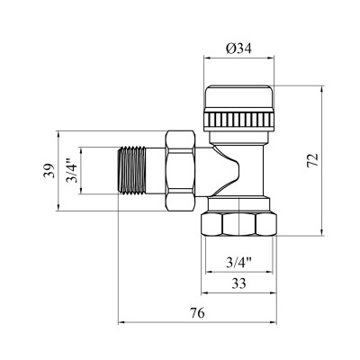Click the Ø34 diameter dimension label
click(238, 49)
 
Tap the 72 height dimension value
click(313, 160)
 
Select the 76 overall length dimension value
click(197, 313)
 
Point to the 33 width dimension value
click(238, 283)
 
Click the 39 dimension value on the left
click(49, 171)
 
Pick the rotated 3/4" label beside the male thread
click(72, 170)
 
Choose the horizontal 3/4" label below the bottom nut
click(238, 263)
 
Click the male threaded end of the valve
click(132, 170)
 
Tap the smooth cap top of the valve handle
click(238, 97)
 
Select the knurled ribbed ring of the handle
click(238, 121)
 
